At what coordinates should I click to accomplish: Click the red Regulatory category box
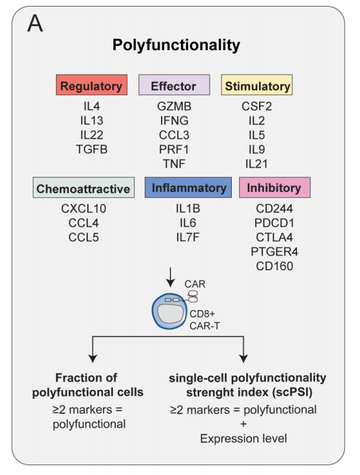(91, 85)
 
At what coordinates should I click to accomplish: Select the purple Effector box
(174, 85)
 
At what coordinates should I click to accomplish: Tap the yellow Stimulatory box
(256, 85)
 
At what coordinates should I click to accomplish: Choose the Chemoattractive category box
(83, 188)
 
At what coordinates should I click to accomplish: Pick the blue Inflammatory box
(188, 188)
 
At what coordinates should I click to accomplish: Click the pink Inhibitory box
(275, 188)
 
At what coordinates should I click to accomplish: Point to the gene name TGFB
(92, 149)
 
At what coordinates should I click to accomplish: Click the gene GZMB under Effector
(174, 106)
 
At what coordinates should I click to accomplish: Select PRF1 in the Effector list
(174, 149)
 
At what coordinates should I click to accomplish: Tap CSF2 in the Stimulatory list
(256, 106)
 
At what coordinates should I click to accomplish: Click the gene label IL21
(256, 164)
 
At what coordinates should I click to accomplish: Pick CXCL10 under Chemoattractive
(83, 209)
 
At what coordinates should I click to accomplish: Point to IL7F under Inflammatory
(187, 237)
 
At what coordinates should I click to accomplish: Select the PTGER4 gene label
(274, 252)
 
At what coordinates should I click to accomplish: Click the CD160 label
(274, 266)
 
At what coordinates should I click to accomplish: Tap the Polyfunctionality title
(176, 45)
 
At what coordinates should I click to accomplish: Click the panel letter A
(35, 23)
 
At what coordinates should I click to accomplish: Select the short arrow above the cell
(171, 277)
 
